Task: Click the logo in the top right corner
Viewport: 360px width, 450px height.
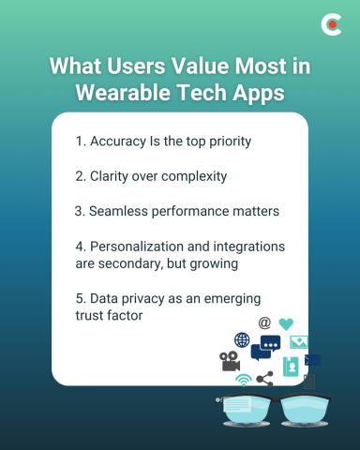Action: coord(331,25)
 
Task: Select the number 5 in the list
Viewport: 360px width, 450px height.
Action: coord(79,297)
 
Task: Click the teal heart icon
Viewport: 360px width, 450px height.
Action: coord(286,324)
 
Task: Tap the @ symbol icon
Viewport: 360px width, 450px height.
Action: coord(264,322)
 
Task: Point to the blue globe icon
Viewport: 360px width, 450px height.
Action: coord(242,340)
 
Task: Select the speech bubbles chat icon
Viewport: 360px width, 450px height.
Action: coord(265,348)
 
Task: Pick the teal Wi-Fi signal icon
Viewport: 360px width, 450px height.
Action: coord(243,381)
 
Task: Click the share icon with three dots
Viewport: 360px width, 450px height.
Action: coord(264,380)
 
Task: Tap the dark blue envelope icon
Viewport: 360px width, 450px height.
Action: coord(312,360)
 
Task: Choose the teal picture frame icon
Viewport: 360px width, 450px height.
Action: coord(300,342)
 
